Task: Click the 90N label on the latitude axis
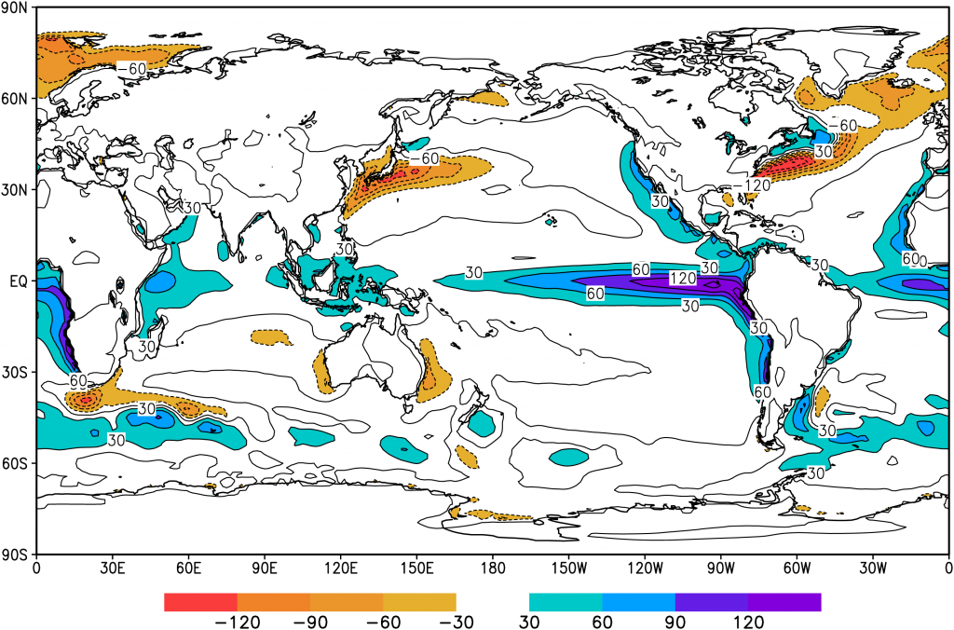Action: click(x=16, y=7)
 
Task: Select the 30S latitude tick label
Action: click(x=16, y=371)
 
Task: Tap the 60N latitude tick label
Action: click(x=16, y=97)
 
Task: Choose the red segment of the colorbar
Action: click(x=200, y=602)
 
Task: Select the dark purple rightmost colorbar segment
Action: click(x=784, y=602)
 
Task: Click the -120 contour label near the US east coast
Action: click(x=751, y=186)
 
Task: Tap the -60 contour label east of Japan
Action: click(x=424, y=158)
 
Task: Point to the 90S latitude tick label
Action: click(x=16, y=554)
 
